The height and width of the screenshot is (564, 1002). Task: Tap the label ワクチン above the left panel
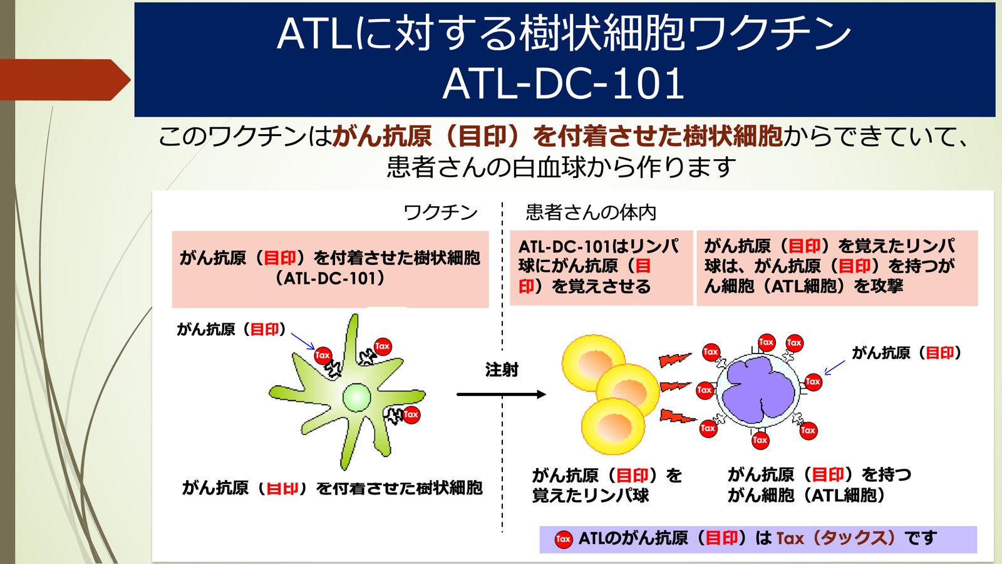click(x=440, y=212)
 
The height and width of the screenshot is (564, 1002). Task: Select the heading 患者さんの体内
click(x=591, y=212)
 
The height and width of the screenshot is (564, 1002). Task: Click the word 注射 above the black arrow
click(x=502, y=370)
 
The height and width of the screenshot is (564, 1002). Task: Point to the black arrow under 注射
click(x=501, y=394)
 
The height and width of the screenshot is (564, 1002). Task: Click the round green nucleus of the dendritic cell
click(x=357, y=397)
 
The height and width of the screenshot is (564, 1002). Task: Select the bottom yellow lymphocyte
click(x=611, y=426)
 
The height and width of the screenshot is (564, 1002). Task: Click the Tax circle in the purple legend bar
click(x=563, y=539)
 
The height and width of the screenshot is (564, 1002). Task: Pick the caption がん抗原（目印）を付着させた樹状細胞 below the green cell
click(x=332, y=488)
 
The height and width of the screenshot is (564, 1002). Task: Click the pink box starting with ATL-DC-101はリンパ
click(x=601, y=267)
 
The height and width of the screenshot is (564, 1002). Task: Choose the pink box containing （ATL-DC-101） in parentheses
click(x=330, y=268)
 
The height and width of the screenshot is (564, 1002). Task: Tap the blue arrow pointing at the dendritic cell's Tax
click(x=303, y=341)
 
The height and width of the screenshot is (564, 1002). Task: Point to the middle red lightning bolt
click(x=674, y=387)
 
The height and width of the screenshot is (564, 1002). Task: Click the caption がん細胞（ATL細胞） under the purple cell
click(x=807, y=496)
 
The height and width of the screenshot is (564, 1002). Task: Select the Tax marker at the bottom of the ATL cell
click(x=760, y=440)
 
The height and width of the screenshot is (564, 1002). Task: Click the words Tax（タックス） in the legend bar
click(x=835, y=538)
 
